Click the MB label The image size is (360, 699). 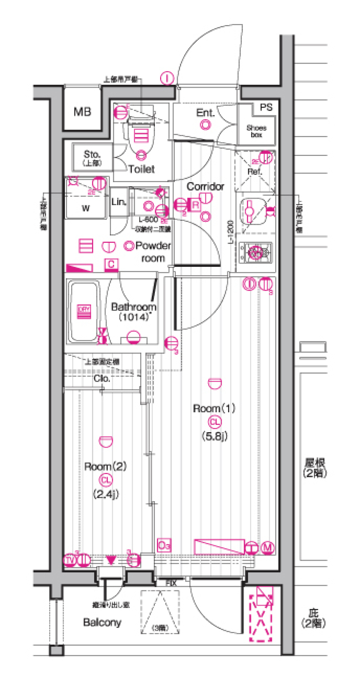(82, 112)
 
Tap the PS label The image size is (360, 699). (266, 108)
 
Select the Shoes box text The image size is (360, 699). (256, 131)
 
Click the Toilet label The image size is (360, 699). (141, 169)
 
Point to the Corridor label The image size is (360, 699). (205, 186)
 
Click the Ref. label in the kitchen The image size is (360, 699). (254, 172)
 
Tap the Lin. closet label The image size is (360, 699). (118, 202)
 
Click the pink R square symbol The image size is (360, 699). (195, 205)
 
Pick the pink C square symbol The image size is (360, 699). (111, 265)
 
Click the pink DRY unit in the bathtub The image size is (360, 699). (84, 311)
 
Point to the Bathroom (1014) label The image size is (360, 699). (133, 311)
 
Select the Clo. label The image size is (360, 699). (102, 379)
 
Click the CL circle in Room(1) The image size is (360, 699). (215, 422)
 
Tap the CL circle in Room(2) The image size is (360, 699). (106, 480)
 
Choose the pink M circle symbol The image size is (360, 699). (267, 548)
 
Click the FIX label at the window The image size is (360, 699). (171, 583)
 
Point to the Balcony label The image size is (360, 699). (102, 623)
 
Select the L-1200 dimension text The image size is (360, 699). (231, 232)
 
